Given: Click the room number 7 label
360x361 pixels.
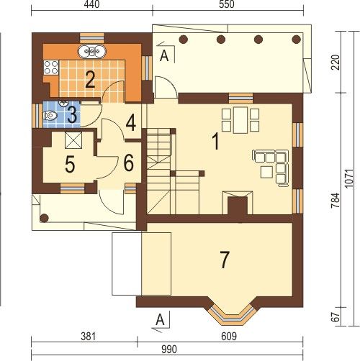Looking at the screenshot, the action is pos(225,260).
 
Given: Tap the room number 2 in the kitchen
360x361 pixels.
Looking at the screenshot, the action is pos(90,79).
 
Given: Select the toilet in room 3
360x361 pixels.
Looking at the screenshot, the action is pos(50,116).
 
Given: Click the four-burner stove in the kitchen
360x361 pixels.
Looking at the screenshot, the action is pos(51,68).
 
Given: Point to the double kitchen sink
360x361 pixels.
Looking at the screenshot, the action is pos(92,51).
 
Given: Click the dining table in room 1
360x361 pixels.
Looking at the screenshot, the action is pos(240,120).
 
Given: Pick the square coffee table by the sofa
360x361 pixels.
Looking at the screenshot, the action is pos(266,172).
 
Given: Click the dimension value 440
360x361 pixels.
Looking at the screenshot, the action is pos(91,4).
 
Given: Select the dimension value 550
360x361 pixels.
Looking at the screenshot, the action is pos(227,4).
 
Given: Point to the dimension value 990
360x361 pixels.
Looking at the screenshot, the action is pos(169,349).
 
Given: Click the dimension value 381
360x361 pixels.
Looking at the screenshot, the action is pos(89,337).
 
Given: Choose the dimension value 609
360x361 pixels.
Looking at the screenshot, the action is pos(229,337).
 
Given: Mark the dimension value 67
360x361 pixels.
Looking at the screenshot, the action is pos(336,317).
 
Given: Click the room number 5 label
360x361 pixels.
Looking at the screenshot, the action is pos(70,165).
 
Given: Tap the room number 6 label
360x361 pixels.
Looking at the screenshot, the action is pos(129,163).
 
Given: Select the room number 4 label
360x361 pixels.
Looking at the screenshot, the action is pos(131,123).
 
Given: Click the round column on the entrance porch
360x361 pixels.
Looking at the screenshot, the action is pos(44,218).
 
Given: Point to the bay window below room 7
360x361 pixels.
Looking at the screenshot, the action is pos(232,314).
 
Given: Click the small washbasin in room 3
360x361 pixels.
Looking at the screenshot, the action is pos(63,104).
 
